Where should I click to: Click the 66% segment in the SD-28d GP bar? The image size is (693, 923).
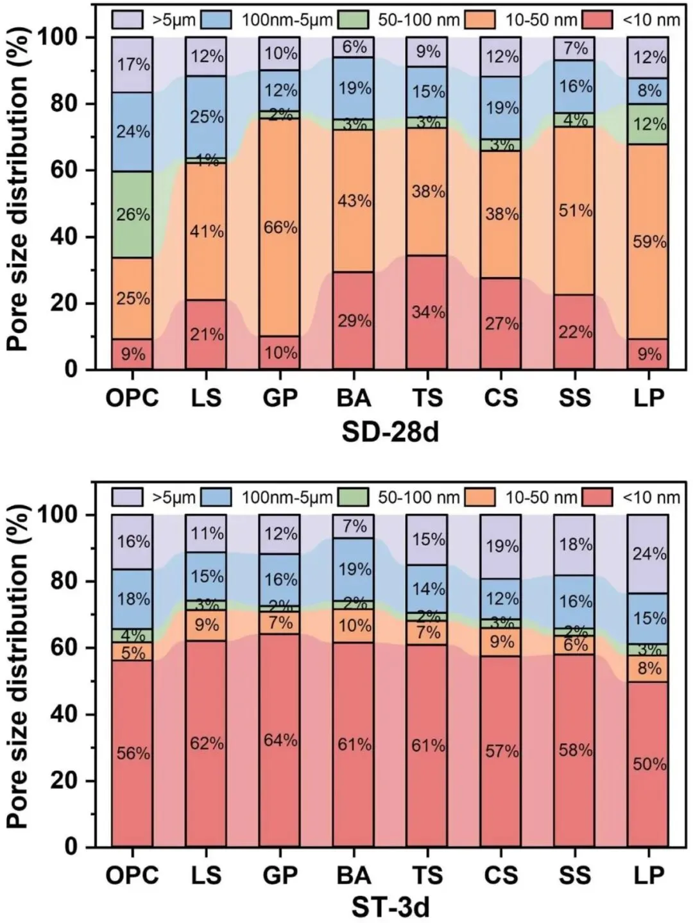click(x=280, y=227)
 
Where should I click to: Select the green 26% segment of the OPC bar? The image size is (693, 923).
click(x=132, y=214)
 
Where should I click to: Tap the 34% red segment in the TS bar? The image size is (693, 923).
click(x=428, y=312)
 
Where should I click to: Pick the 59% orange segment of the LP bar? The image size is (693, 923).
click(x=648, y=242)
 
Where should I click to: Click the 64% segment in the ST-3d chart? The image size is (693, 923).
click(x=280, y=740)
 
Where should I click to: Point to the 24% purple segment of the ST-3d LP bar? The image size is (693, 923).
click(x=648, y=554)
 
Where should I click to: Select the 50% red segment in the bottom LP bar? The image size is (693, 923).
click(x=648, y=763)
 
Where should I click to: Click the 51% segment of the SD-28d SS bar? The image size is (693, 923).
click(x=574, y=210)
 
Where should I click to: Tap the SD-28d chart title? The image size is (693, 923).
click(x=390, y=432)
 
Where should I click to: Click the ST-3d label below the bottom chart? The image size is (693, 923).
click(x=390, y=908)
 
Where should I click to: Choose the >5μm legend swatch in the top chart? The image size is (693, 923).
click(x=128, y=20)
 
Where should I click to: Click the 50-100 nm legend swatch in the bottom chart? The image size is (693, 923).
click(x=353, y=497)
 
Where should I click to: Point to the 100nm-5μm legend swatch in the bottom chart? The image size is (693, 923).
click(x=216, y=497)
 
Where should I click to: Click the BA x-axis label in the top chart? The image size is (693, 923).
click(x=354, y=398)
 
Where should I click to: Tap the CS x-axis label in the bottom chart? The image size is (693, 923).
click(x=501, y=875)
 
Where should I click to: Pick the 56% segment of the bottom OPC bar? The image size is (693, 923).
click(x=132, y=754)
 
